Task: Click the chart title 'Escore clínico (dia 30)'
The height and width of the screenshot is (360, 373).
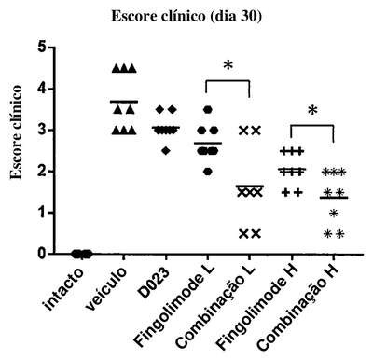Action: (x=186, y=16)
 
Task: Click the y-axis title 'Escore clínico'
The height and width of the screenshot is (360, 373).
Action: (x=16, y=132)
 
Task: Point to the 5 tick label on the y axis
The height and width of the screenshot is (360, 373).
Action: (x=42, y=48)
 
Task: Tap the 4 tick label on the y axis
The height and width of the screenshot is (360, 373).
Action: (x=42, y=89)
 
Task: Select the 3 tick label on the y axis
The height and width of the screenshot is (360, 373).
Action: (x=42, y=130)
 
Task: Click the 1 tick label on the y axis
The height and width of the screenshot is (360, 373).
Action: (x=42, y=213)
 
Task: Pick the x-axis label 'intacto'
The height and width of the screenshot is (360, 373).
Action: (x=64, y=289)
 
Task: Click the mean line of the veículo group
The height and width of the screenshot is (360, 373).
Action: (x=124, y=102)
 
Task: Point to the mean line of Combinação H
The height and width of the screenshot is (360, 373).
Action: (x=334, y=198)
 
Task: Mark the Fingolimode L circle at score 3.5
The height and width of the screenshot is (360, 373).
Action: (x=208, y=109)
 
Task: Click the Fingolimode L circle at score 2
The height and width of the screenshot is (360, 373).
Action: (x=208, y=172)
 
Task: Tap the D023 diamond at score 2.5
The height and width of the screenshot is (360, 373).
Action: (x=166, y=151)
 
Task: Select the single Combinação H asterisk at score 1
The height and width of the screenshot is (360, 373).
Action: (x=334, y=214)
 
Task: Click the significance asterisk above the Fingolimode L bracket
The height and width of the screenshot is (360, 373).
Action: (x=228, y=65)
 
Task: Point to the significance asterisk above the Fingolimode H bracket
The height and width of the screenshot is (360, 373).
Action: (x=312, y=110)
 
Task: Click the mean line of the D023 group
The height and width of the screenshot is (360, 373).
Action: (x=166, y=127)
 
